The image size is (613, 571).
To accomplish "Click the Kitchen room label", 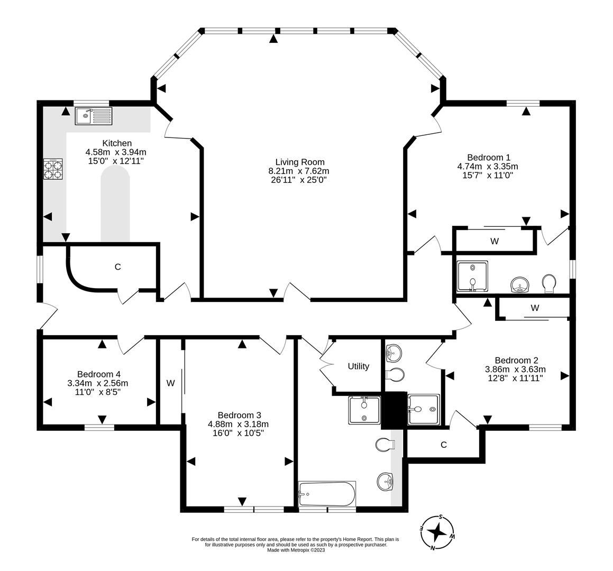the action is click(x=117, y=143).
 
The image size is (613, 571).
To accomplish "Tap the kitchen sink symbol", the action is click(x=94, y=116).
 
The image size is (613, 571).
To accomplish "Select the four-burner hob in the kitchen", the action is click(x=53, y=169).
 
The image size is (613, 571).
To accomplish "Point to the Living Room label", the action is click(x=300, y=162).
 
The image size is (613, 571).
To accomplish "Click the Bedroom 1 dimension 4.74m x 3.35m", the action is click(x=488, y=167).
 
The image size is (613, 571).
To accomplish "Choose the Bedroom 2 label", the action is click(x=516, y=361).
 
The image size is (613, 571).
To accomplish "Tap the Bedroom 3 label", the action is click(x=239, y=415).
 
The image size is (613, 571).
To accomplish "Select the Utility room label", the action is click(x=359, y=366).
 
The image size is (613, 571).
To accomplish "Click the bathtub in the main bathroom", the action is click(x=327, y=494).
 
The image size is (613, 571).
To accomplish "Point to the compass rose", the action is click(x=436, y=532).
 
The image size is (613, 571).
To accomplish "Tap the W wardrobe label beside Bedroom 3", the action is click(x=170, y=383).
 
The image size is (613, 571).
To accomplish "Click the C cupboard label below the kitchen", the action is click(x=117, y=267).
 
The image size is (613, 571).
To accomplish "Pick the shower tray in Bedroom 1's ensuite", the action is click(x=473, y=277).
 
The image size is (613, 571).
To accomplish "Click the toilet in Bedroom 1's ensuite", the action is click(x=550, y=283).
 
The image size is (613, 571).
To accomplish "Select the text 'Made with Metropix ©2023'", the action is click(x=296, y=550).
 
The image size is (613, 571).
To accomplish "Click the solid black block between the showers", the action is click(x=394, y=410).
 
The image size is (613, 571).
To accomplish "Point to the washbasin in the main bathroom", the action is click(x=385, y=482).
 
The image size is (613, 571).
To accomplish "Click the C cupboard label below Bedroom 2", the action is click(x=443, y=445).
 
